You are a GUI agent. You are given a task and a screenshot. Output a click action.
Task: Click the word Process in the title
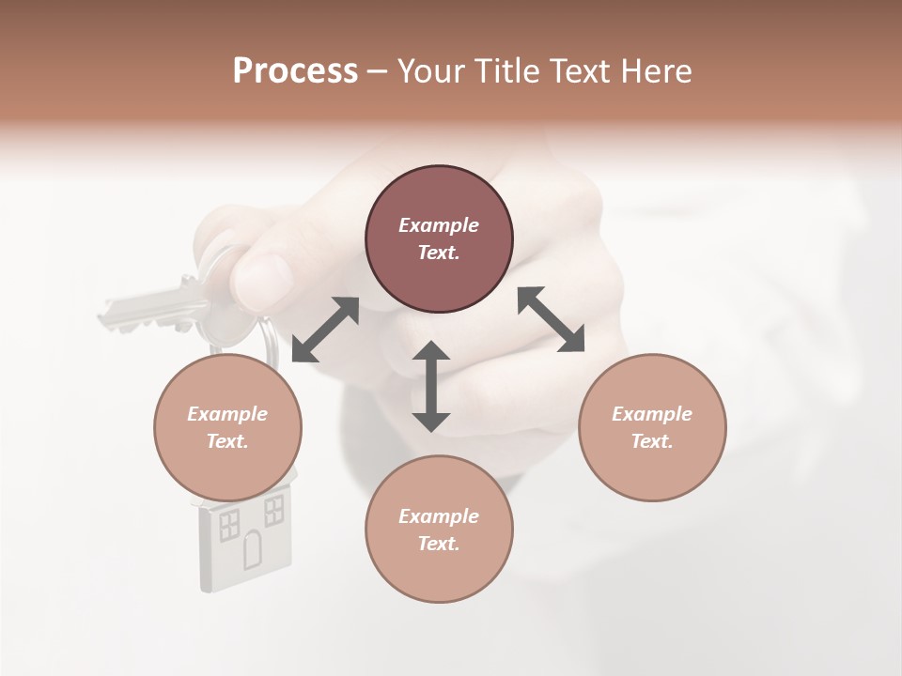(x=295, y=71)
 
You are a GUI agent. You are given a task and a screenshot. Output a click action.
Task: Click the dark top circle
(x=439, y=239)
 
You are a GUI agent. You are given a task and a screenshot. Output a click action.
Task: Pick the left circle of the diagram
(x=227, y=427)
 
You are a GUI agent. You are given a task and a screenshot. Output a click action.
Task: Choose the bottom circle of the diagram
(x=439, y=530)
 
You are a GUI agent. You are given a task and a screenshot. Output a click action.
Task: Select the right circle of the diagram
(x=652, y=427)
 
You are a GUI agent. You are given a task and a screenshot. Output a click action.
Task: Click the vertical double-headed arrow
(x=431, y=386)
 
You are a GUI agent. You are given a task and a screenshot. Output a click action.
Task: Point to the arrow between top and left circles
(x=325, y=330)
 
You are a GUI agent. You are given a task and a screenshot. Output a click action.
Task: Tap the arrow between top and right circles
(x=551, y=319)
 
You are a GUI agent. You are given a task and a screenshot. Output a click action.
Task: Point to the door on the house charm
(x=253, y=550)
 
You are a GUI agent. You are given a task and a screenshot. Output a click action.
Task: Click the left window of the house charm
(x=229, y=524)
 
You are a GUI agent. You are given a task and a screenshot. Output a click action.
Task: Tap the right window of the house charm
(x=273, y=511)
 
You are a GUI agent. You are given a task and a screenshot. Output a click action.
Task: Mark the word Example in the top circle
(x=439, y=225)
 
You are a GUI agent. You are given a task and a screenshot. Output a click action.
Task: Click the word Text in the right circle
(x=650, y=441)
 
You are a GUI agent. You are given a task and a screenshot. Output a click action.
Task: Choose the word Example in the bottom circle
(x=439, y=516)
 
